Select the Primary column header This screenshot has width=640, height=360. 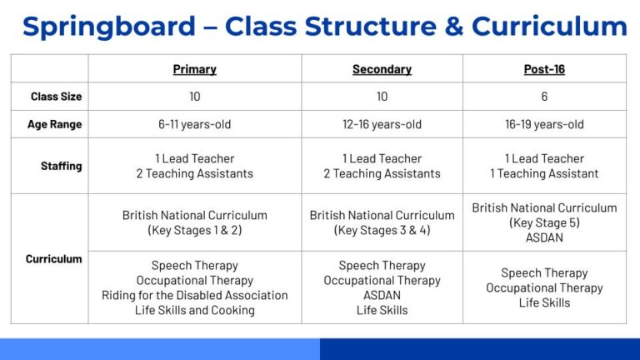coord(194,69)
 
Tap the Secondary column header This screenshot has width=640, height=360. coord(382,69)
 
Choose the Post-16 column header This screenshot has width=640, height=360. coord(544,69)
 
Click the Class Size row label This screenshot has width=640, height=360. coord(56,97)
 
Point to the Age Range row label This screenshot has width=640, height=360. coord(55,124)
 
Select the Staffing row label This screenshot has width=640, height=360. coord(61,166)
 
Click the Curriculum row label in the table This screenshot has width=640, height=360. coord(54,259)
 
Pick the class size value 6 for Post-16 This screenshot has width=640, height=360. coord(544,97)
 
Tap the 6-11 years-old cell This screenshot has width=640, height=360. coord(194,124)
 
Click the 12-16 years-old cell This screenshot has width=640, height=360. coord(382,124)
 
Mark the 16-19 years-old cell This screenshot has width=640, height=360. coord(544,124)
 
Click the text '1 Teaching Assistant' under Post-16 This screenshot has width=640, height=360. coord(544,173)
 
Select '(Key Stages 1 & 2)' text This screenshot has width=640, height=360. coord(194,230)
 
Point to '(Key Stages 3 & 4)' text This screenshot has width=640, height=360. coord(382,230)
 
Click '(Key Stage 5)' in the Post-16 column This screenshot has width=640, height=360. coord(544,222)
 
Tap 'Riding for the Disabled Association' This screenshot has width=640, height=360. coord(194,295)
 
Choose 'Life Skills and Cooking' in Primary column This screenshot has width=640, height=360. coord(194,310)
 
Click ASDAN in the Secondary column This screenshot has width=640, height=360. coord(382,295)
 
